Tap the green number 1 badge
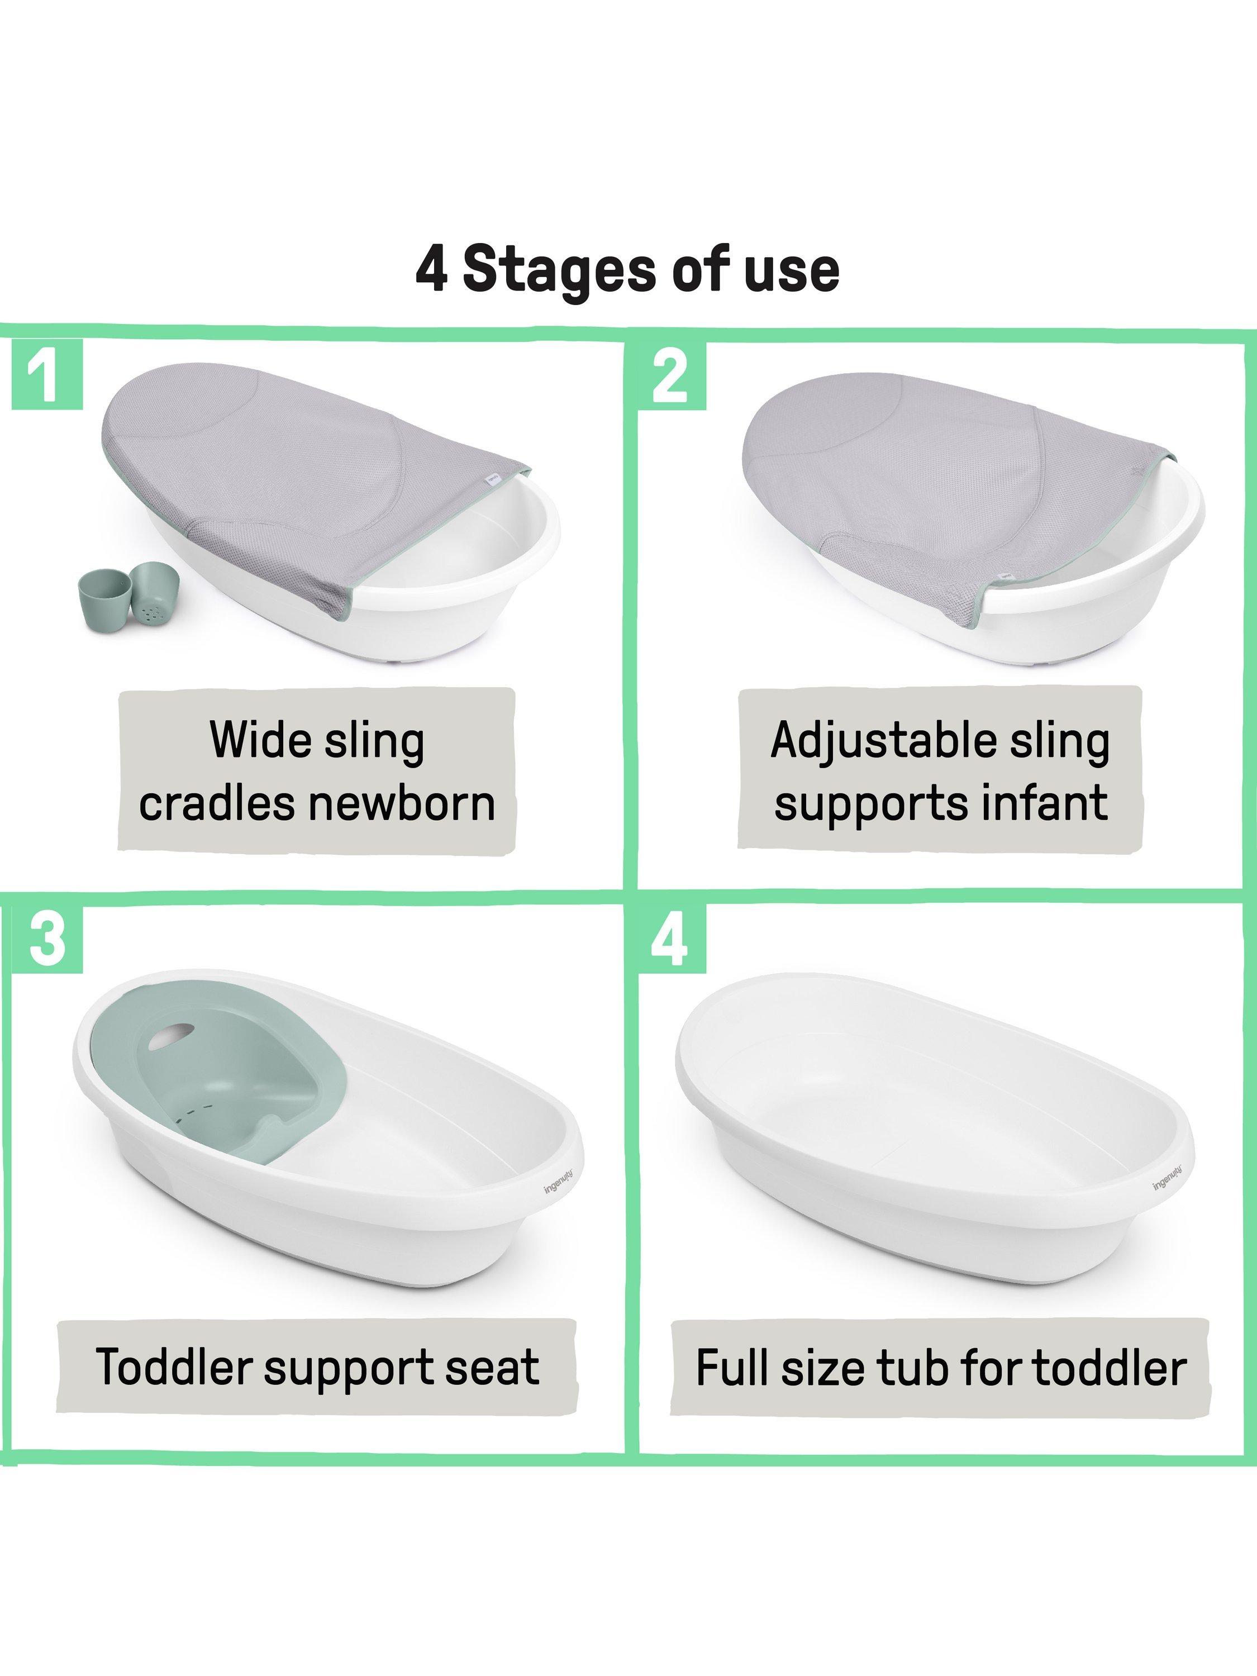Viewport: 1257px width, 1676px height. click(47, 376)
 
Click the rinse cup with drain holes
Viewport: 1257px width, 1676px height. click(153, 595)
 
